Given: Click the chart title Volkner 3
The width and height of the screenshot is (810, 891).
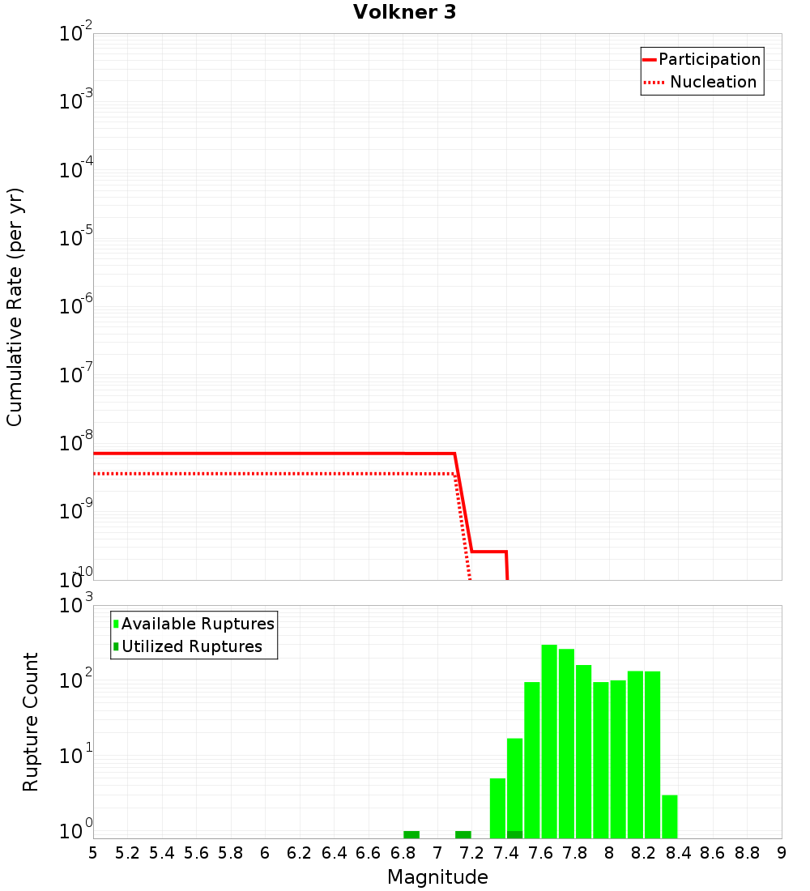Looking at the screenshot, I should pyautogui.click(x=404, y=12).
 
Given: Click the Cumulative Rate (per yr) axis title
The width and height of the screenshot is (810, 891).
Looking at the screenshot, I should pyautogui.click(x=15, y=307).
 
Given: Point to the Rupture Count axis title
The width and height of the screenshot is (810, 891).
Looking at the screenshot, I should pyautogui.click(x=31, y=722).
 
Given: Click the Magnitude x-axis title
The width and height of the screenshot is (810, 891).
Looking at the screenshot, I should pyautogui.click(x=437, y=877).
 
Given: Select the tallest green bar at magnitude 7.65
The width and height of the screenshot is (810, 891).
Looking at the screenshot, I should pyautogui.click(x=549, y=741).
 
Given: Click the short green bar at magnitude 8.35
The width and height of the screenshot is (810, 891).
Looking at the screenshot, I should pyautogui.click(x=670, y=816).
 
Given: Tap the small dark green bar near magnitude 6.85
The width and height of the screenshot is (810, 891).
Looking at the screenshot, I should pyautogui.click(x=411, y=834).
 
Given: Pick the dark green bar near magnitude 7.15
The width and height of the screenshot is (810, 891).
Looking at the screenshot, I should pyautogui.click(x=463, y=834).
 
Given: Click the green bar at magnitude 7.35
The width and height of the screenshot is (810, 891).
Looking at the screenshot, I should pyautogui.click(x=497, y=808).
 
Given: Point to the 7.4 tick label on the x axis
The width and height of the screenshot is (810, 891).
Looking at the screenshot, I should pyautogui.click(x=506, y=853).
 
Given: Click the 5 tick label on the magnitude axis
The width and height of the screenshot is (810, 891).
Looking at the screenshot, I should pyautogui.click(x=93, y=853).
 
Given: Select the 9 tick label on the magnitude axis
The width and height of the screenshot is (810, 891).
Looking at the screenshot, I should pyautogui.click(x=782, y=853).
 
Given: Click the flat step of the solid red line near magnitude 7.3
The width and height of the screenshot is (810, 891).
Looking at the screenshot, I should pyautogui.click(x=489, y=552).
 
